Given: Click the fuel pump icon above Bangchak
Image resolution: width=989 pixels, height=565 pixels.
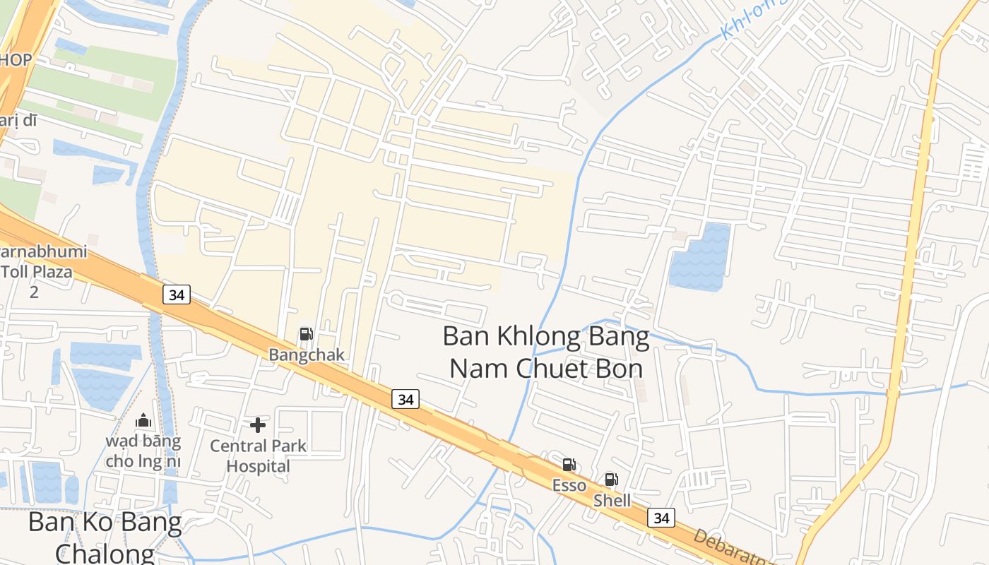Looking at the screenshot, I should [306, 334].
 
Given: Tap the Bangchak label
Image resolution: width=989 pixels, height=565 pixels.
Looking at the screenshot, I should [307, 355].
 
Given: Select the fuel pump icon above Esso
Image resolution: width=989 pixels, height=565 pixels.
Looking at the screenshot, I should [569, 465].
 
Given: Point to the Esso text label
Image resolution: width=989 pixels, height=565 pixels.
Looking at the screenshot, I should [569, 485].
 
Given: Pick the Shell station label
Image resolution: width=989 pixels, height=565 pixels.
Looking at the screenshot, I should [612, 501].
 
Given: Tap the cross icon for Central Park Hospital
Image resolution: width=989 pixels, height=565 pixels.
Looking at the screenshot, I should [258, 425].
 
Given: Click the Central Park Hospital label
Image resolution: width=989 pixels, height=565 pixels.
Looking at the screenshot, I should [259, 456].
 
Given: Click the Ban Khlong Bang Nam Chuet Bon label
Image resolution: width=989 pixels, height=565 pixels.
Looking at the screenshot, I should [546, 352].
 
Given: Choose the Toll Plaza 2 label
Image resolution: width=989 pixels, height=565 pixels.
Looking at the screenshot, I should [37, 272].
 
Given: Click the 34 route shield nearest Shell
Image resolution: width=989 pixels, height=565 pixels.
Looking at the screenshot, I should [661, 518].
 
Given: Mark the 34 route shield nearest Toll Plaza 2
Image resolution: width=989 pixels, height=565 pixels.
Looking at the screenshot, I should [177, 295].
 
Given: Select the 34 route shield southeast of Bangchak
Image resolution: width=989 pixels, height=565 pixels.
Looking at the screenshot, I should [405, 399].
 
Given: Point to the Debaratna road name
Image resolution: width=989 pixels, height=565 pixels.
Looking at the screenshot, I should [728, 547].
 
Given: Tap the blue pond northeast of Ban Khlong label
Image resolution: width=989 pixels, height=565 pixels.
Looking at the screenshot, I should [699, 257].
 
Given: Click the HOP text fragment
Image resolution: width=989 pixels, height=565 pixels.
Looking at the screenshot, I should [16, 60].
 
